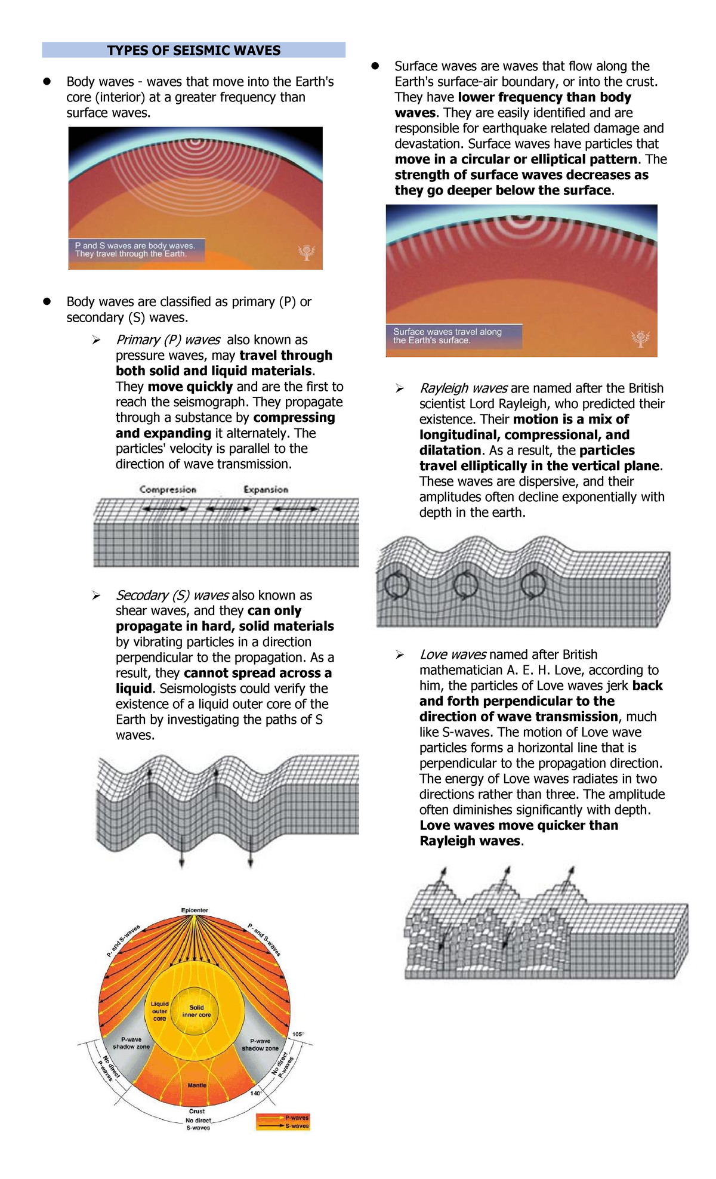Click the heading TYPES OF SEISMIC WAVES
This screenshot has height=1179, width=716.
[194, 51]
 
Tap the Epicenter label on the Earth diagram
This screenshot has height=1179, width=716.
[195, 911]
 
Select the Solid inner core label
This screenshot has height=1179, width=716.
[196, 1011]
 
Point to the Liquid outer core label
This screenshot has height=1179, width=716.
[159, 1011]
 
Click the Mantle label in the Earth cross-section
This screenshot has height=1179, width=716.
[197, 1085]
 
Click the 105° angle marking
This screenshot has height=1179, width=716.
[298, 1034]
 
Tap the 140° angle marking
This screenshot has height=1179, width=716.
[256, 1093]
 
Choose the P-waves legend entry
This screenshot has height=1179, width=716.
[296, 1118]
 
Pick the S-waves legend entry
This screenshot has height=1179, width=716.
[296, 1126]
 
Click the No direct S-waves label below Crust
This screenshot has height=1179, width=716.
[198, 1124]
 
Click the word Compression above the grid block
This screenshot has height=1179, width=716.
[168, 489]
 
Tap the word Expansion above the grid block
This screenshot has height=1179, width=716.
[266, 489]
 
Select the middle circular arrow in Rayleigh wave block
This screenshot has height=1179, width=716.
[465, 585]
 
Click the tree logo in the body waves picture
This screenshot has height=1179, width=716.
[306, 252]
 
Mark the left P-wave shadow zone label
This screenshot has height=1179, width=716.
[131, 1043]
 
